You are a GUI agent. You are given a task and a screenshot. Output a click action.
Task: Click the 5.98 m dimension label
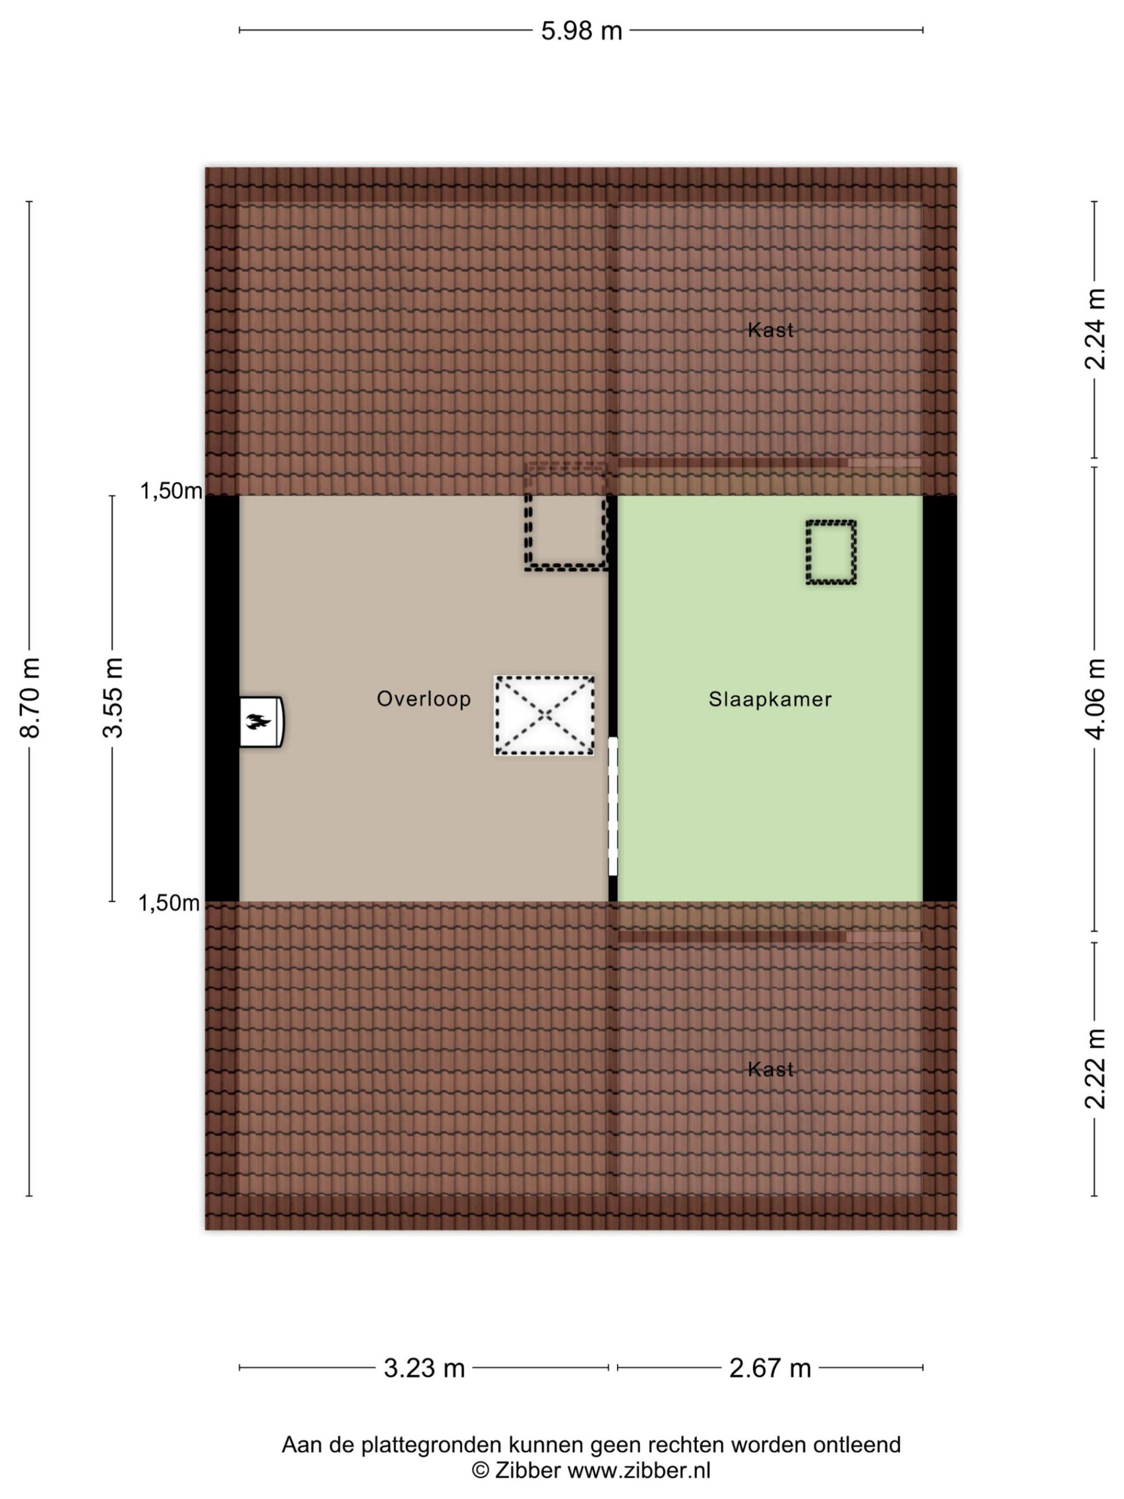coord(581,31)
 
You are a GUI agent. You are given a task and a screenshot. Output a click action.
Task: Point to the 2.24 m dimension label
coord(1095,329)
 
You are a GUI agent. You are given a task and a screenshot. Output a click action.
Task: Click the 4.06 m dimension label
coord(1095,698)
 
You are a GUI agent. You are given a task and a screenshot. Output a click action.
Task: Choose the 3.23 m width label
coord(424,1368)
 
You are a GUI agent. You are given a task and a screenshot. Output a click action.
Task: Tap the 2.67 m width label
coord(769,1368)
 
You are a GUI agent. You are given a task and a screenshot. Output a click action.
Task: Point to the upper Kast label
coord(771,330)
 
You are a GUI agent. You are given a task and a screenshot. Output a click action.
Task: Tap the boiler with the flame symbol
coord(261,722)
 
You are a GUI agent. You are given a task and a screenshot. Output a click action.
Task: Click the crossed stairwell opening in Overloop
coord(544,715)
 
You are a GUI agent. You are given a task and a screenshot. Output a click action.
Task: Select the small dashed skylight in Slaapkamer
coord(831,552)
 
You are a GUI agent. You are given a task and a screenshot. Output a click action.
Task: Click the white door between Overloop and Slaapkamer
coord(613,807)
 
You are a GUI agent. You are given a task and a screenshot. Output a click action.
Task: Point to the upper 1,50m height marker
coord(171,491)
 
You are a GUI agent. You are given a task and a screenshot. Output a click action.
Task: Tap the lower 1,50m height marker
coord(169,903)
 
